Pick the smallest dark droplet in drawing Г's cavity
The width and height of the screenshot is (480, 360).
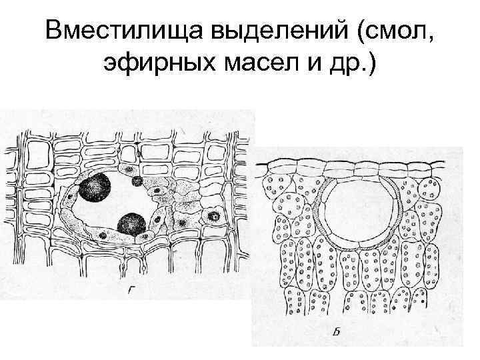pos(137,181)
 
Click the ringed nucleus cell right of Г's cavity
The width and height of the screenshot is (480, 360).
pos(215,216)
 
